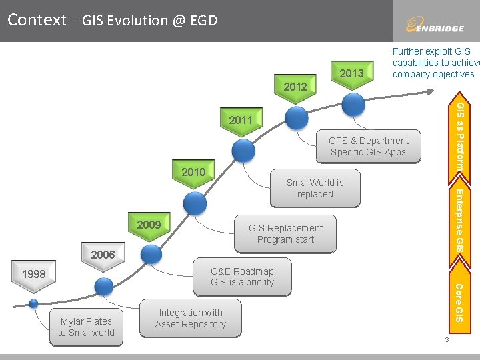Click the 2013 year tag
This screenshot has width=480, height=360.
(351, 73)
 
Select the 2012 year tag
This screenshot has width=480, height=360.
(295, 87)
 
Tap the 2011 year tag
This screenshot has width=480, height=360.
(241, 121)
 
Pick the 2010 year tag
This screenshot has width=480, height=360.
(193, 172)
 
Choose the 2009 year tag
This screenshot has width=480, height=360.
(149, 225)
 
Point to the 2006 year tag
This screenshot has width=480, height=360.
(103, 255)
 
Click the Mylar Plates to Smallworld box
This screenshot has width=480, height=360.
(86, 327)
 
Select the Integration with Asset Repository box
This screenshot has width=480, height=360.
(191, 319)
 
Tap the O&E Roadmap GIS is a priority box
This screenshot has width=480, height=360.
(242, 277)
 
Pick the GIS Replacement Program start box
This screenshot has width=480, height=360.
(285, 234)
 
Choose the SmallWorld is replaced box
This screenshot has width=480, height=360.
(315, 189)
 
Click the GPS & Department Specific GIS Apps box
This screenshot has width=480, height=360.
(368, 147)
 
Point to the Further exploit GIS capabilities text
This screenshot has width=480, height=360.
(433, 63)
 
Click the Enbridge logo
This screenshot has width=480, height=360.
(435, 25)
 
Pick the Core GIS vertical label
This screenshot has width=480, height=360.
(460, 302)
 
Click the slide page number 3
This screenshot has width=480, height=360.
(447, 341)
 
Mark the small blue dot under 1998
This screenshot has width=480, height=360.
(33, 303)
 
